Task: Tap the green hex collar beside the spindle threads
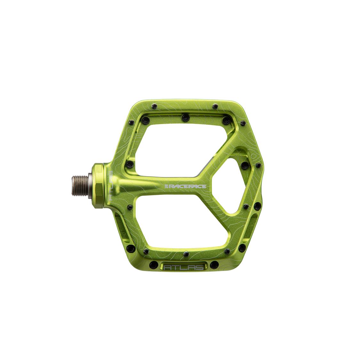click(99, 186)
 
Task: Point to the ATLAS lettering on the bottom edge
click(183, 267)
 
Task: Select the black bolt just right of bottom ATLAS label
click(213, 265)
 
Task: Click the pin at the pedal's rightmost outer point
click(258, 165)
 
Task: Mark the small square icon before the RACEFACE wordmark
click(166, 186)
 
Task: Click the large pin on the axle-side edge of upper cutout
click(129, 164)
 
